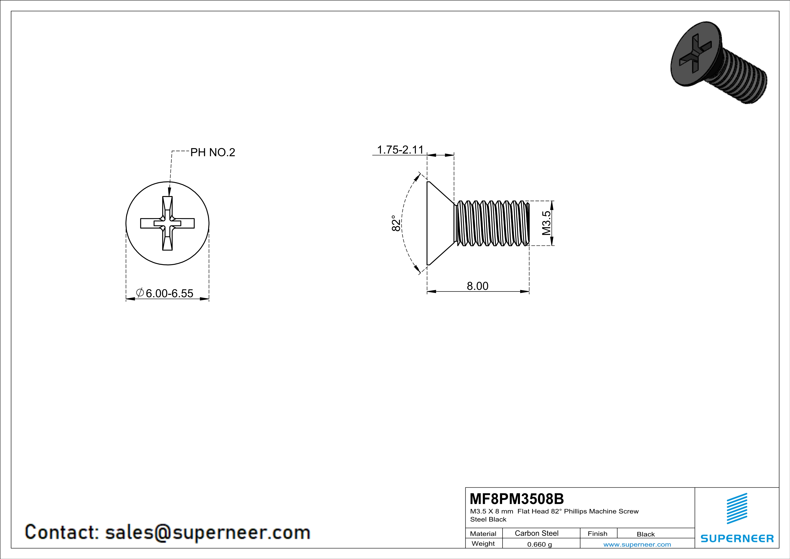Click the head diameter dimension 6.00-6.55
169,293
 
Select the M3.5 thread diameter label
546,223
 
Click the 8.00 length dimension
477,286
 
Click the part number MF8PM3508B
517,499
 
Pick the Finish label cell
597,534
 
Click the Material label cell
483,534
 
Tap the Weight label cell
483,543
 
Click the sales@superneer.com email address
207,532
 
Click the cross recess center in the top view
168,223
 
